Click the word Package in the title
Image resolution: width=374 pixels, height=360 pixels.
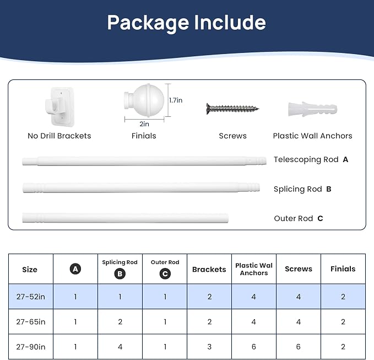(148, 23)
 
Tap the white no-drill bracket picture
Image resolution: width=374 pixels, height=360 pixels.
(59, 106)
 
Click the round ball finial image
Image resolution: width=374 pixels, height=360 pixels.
(144, 100)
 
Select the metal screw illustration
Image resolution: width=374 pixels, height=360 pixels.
(232, 109)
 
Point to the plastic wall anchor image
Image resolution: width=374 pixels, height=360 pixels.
(312, 109)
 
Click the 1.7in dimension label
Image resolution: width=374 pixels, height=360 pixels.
(176, 100)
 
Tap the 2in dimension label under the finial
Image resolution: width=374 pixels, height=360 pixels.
(144, 124)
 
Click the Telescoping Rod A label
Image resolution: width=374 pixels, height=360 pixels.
(311, 159)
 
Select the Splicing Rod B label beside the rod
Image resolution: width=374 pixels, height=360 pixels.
(302, 189)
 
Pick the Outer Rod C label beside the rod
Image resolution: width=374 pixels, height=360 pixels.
(299, 218)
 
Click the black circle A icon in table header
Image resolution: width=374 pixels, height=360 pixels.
(75, 269)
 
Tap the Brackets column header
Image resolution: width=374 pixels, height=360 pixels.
(209, 269)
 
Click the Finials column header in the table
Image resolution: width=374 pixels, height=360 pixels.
(343, 269)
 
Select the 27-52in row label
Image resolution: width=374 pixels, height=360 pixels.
(31, 297)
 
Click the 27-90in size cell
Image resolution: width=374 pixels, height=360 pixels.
(31, 347)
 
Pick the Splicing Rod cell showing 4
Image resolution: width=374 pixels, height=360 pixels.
(120, 347)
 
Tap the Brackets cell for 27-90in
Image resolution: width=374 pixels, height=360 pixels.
(209, 347)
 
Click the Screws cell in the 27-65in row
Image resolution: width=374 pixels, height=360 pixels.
(299, 322)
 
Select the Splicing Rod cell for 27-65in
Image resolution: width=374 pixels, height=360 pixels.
(120, 322)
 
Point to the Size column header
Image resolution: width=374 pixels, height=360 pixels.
(30, 270)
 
